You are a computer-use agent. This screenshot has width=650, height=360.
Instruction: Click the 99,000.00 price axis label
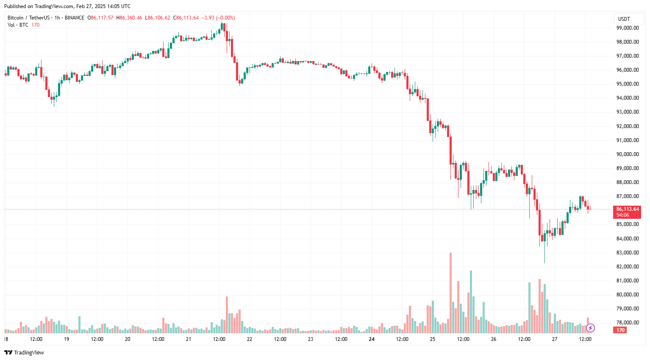coord(627,28)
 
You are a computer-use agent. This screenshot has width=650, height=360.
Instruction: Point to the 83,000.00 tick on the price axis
coord(627,253)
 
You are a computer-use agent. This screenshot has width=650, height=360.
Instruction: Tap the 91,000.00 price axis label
coord(627,140)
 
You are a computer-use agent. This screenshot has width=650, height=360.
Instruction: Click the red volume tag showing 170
coord(620,330)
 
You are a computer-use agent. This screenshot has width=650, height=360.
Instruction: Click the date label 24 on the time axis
coord(372,339)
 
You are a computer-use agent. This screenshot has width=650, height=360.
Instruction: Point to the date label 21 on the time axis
coord(189,339)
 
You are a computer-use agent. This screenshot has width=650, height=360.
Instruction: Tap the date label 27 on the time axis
coord(555,339)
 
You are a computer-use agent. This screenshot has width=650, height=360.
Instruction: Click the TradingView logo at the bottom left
coord(24,353)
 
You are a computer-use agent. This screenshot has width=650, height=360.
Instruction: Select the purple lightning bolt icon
coord(590,328)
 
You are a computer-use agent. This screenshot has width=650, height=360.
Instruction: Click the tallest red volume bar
coord(450,293)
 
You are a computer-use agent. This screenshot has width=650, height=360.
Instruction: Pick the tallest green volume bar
coord(471,301)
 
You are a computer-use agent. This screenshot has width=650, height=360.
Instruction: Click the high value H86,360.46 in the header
coord(129,18)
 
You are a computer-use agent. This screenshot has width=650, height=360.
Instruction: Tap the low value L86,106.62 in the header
coord(158,18)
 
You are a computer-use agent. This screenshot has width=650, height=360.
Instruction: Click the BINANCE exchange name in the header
coord(75,18)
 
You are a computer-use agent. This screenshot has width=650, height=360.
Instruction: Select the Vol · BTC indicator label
coord(18,25)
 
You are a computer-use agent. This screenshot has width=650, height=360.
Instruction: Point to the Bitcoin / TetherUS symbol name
coord(28,18)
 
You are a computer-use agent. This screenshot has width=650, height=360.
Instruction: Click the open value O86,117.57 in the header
coord(100,18)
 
